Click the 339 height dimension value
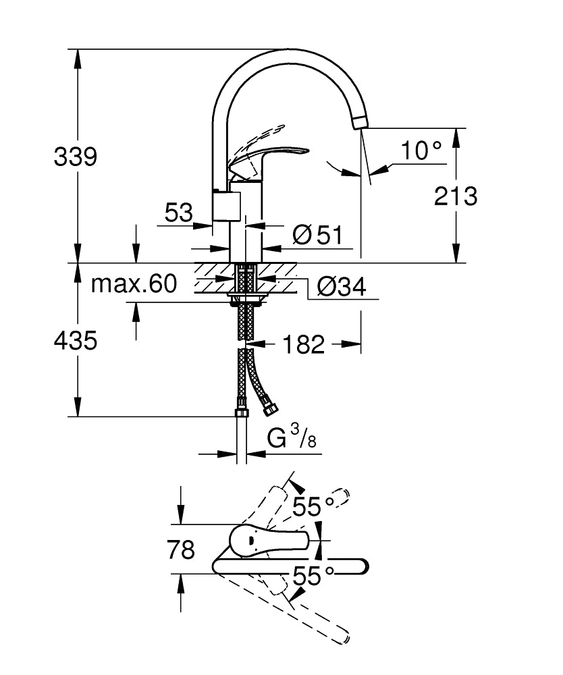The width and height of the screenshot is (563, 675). click(76, 157)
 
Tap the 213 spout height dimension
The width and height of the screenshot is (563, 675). click(456, 196)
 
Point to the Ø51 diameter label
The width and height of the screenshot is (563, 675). click(318, 236)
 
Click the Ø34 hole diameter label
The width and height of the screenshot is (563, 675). click(340, 287)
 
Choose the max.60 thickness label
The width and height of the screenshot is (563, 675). click(134, 284)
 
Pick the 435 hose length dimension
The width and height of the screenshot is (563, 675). click(76, 341)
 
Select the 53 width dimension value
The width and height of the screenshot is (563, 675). click(178, 214)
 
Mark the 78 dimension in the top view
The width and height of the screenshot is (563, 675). click(180, 550)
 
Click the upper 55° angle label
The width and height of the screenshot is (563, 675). click(313, 506)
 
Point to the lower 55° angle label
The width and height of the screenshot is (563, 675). click(313, 576)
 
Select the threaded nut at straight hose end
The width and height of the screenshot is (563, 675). click(241, 412)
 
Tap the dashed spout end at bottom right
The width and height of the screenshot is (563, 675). click(344, 636)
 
